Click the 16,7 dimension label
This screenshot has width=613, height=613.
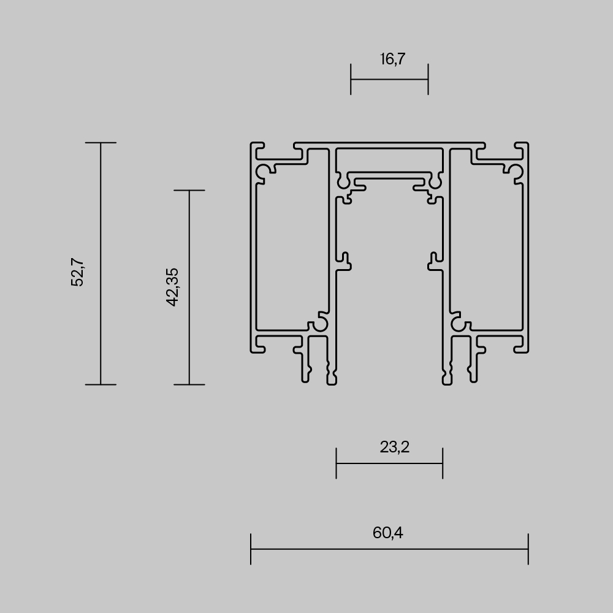[x=393, y=59]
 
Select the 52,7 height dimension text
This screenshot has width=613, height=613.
[x=78, y=272]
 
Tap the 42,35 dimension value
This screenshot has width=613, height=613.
[x=172, y=287]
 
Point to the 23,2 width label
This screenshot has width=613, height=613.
[x=394, y=447]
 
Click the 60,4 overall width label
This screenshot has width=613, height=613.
[x=387, y=533]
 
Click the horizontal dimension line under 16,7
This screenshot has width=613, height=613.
[x=389, y=79]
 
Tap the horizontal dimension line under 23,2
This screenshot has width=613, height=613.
[x=389, y=463]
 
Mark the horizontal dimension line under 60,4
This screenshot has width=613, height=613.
[x=389, y=549]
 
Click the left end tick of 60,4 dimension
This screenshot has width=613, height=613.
[x=251, y=549]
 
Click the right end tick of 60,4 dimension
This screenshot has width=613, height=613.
[x=528, y=549]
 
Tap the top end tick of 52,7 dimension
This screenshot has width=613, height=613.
[x=101, y=143]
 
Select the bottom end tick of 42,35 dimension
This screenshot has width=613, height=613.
[x=189, y=384]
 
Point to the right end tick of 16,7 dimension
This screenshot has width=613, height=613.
[x=428, y=79]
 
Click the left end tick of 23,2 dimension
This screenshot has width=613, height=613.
[x=337, y=463]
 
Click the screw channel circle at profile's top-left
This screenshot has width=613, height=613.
[x=265, y=172]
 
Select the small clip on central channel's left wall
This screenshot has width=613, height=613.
[x=345, y=261]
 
